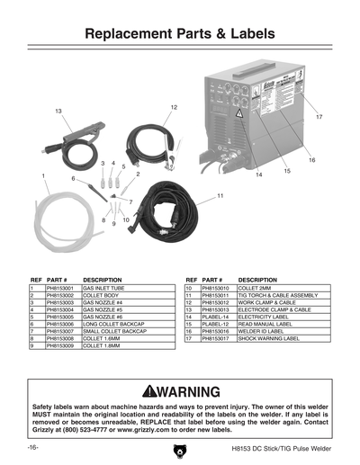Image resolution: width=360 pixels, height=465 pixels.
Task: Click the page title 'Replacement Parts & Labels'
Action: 180,34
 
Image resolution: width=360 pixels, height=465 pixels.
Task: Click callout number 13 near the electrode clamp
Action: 58,110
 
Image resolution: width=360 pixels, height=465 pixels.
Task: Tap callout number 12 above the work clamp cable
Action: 173,107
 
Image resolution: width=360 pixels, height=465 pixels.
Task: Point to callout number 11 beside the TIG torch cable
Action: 220,195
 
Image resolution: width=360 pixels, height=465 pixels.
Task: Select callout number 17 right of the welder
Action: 319,118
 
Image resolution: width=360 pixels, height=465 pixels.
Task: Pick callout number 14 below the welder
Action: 258,174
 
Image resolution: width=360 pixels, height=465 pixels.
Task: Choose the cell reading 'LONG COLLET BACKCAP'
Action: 113,325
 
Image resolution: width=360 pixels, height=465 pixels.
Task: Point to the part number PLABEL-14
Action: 216,317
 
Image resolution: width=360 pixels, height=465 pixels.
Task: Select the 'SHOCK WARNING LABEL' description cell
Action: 271,339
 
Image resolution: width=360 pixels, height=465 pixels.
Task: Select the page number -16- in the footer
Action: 31,448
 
